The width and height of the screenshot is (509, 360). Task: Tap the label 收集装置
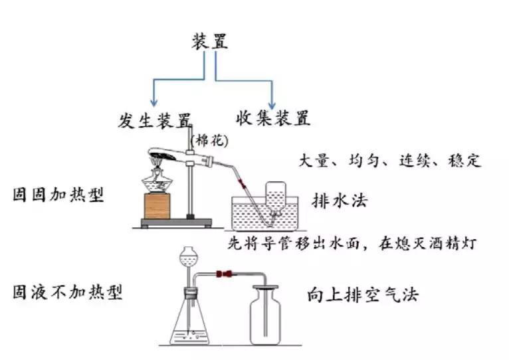[x=272, y=119]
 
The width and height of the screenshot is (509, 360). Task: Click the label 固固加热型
[x=58, y=195]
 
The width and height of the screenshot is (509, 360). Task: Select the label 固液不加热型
[x=67, y=292]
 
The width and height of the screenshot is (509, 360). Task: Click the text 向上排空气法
[x=363, y=294]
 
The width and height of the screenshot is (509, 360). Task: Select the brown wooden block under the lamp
[x=157, y=207]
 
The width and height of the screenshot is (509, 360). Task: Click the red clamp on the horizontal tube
[x=227, y=273]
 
